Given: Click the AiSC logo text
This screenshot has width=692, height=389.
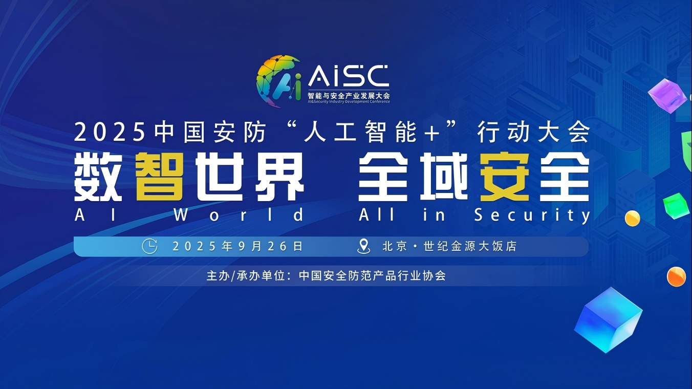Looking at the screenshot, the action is [349, 76].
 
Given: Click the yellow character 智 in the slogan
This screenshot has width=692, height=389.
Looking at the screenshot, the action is [159, 177].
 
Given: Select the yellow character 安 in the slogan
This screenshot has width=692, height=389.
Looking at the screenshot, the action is [504, 177].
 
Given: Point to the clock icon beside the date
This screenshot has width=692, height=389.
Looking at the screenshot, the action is [149, 246].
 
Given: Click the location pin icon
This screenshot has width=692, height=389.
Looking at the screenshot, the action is [363, 246].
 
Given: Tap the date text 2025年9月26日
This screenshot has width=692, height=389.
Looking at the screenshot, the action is [237, 246].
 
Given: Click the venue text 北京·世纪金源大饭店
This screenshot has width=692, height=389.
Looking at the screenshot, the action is [449, 246].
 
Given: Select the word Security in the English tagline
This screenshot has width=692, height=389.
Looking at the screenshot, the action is [532, 215].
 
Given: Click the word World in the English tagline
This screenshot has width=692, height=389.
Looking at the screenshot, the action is [239, 215].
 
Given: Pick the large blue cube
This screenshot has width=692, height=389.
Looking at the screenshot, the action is [608, 320].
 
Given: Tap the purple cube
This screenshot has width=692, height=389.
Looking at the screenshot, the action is [667, 96].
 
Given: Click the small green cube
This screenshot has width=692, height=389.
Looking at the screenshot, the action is [677, 206].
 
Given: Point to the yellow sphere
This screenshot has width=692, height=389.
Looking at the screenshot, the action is [633, 218].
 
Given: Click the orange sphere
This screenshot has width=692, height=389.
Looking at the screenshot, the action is [676, 276].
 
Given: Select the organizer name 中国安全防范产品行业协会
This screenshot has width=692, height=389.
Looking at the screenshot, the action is [372, 275].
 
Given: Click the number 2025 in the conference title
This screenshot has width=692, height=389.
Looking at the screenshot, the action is [110, 132].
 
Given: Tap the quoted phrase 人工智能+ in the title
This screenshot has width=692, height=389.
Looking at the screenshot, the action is [372, 132].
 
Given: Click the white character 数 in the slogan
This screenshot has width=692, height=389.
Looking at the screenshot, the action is [98, 177].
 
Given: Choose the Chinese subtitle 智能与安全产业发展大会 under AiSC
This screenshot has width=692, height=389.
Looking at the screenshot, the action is [349, 95].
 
